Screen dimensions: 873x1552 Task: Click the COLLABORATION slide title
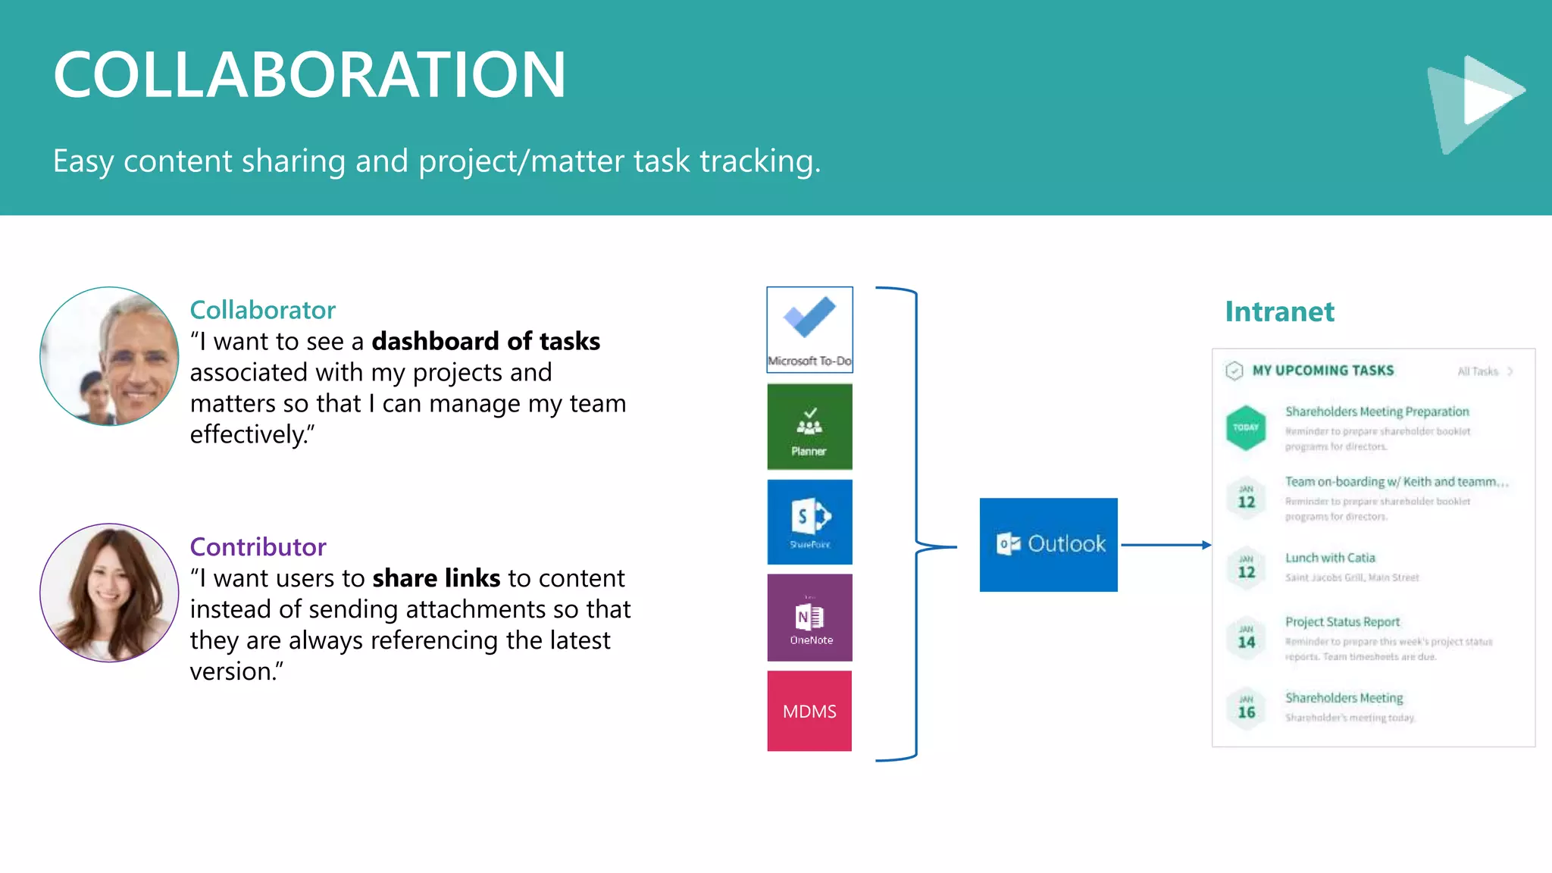pos(309,74)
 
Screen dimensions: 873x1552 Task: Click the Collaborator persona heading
pos(262,310)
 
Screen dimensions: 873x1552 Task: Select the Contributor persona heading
pos(258,546)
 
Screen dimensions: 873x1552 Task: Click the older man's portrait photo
pos(109,356)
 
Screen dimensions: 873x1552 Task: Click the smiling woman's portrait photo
pos(109,593)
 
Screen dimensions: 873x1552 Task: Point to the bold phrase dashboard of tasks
pos(485,342)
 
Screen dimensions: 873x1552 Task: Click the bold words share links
pos(436,578)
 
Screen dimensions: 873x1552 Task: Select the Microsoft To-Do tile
pos(809,330)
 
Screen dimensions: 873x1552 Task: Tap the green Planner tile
pos(809,427)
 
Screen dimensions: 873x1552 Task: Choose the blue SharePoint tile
pos(809,522)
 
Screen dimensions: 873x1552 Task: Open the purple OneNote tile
pos(809,618)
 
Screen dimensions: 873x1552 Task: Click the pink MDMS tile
pos(809,711)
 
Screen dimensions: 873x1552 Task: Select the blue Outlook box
pos(1048,545)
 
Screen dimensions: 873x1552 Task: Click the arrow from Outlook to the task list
pos(1165,545)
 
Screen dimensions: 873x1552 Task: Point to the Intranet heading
pos(1279,311)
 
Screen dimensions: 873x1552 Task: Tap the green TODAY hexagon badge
pos(1246,427)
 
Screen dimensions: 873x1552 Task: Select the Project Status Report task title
pos(1342,622)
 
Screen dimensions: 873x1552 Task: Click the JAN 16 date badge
pos(1247,708)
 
